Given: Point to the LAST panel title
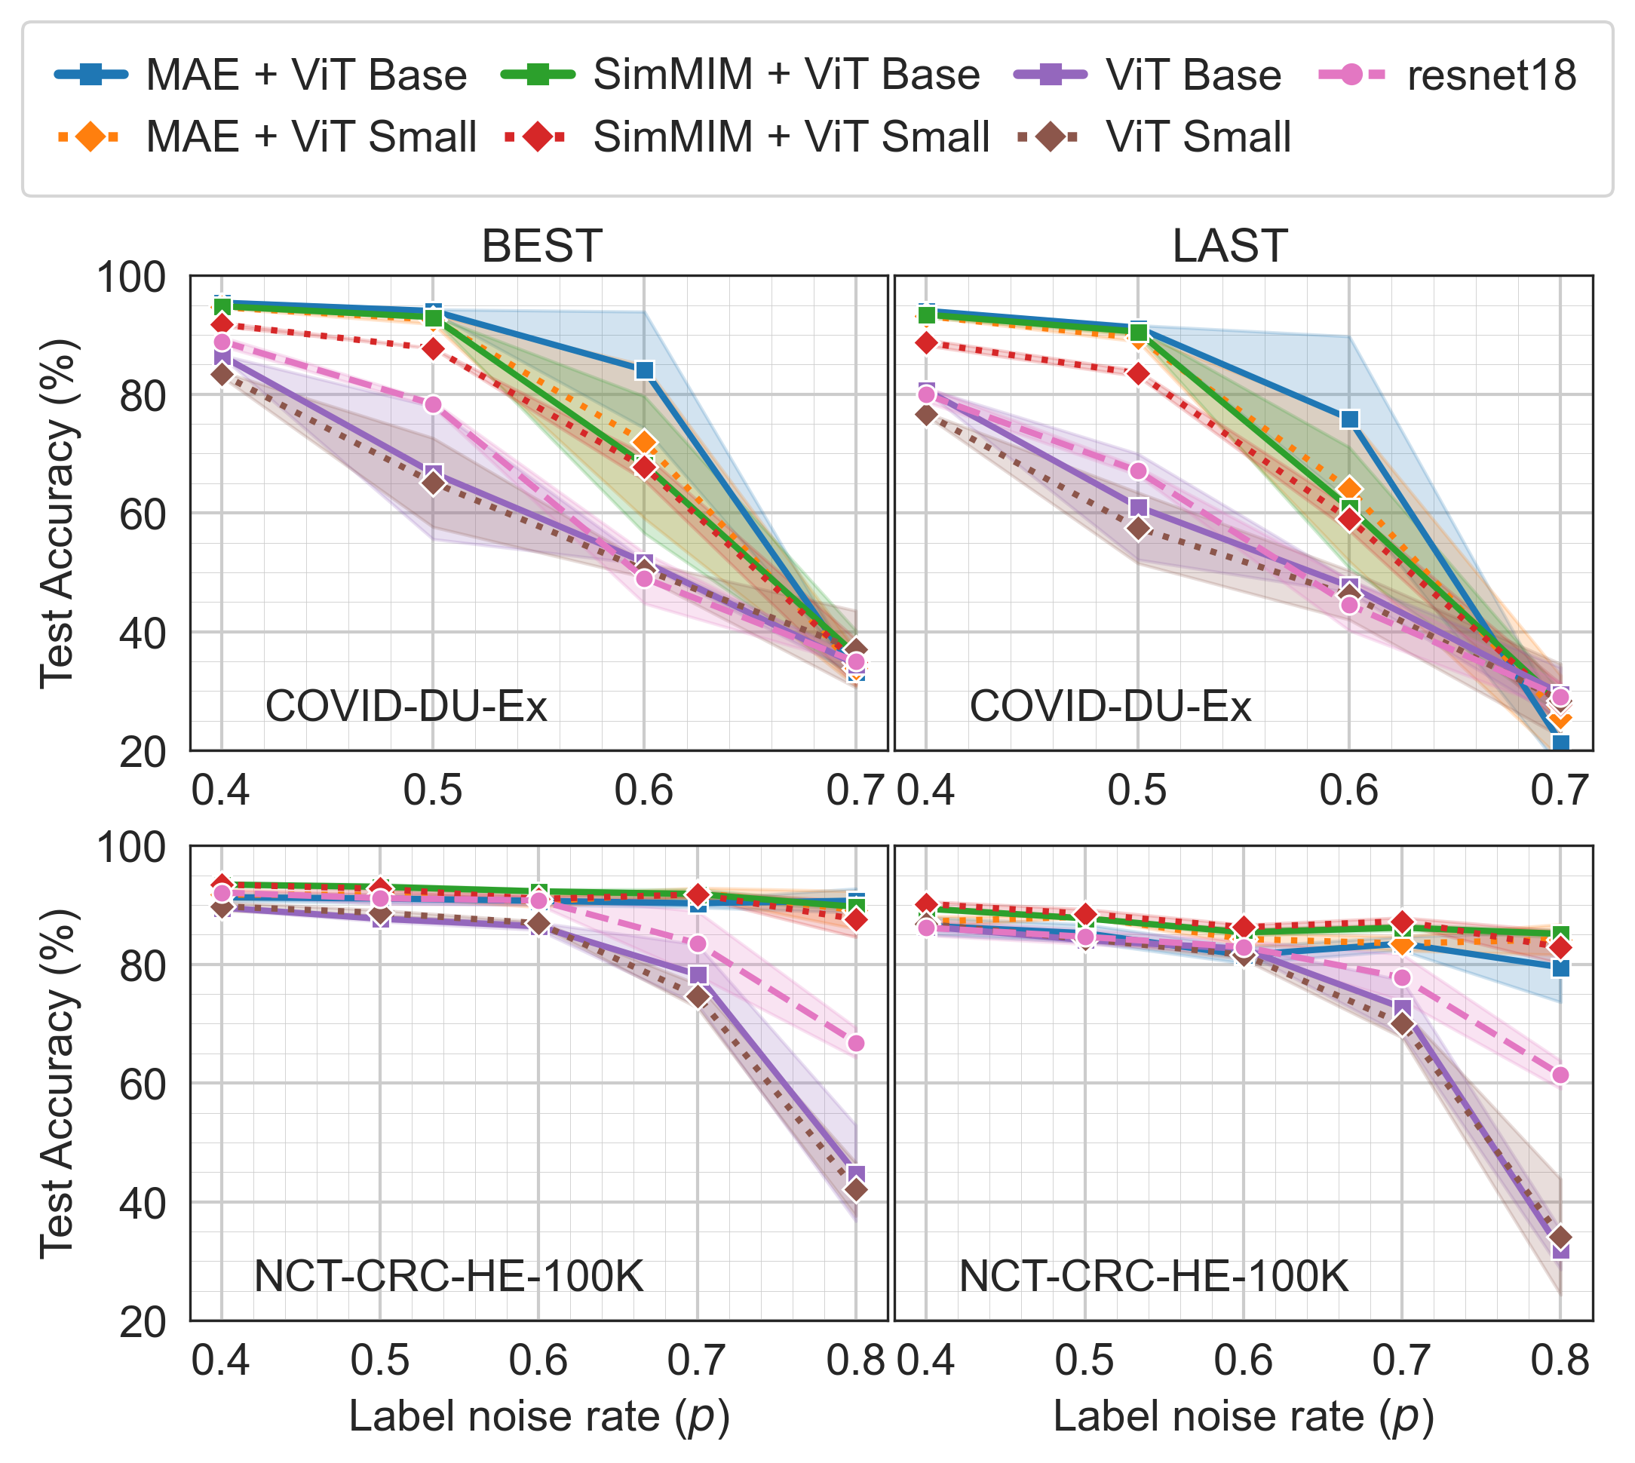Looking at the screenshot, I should tap(1229, 246).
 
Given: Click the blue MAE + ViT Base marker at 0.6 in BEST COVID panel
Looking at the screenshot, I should tap(644, 370).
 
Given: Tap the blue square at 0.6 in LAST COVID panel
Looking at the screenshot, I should tap(1350, 419).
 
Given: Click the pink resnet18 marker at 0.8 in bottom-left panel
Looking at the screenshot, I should tap(856, 1044).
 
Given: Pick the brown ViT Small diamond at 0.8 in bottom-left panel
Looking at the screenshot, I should tap(856, 1190).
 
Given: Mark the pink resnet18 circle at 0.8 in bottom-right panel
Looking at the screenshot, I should tap(1560, 1075).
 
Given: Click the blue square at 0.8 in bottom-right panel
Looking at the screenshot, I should tap(1560, 968).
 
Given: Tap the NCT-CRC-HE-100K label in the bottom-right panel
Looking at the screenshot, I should tap(1154, 1277).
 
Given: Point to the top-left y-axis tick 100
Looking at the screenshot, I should tap(131, 278).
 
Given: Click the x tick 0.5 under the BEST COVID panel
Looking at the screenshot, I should tap(432, 791).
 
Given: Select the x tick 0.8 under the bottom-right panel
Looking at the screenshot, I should tap(1560, 1360).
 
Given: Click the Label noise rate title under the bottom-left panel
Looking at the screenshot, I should tap(539, 1416).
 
